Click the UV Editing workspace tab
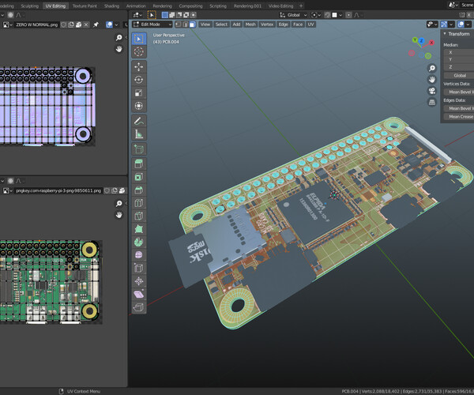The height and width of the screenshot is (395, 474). tap(55, 6)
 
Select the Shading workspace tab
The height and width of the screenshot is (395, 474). tap(111, 6)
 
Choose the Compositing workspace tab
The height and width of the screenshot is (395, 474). tap(190, 6)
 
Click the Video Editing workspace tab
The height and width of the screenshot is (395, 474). tap(280, 6)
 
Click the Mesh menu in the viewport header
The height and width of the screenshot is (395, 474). tap(250, 24)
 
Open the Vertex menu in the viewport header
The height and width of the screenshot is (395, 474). tap(267, 24)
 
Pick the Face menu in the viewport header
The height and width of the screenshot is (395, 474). tap(298, 24)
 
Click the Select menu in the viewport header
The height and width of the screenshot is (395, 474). tap(221, 24)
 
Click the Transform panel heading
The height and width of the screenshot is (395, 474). tap(457, 34)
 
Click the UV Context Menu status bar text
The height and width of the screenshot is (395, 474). tap(84, 391)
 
